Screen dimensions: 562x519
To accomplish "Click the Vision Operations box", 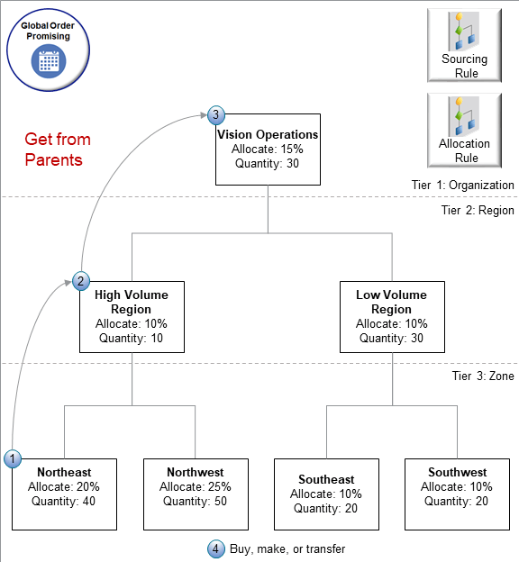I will (x=268, y=149).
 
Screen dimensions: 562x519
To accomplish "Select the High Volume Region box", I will (x=132, y=316).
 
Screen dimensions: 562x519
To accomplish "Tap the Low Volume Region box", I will (x=391, y=316).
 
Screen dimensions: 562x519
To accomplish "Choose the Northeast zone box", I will (x=64, y=494).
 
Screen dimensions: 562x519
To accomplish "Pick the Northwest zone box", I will (x=196, y=494).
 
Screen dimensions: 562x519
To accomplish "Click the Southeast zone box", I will (x=326, y=494).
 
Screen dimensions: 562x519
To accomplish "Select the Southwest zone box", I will (x=457, y=494).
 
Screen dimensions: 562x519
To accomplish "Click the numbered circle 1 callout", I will (x=13, y=458).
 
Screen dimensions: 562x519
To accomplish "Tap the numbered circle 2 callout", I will (x=81, y=280).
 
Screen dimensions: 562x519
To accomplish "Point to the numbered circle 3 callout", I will (x=216, y=114).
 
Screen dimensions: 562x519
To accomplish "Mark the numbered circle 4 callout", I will (x=215, y=548).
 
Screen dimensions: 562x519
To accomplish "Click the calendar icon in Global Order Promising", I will (x=45, y=61).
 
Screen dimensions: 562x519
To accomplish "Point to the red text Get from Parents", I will (x=58, y=150).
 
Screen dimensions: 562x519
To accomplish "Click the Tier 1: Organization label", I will (x=457, y=185).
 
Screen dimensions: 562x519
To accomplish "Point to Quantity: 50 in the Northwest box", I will (x=196, y=502).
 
